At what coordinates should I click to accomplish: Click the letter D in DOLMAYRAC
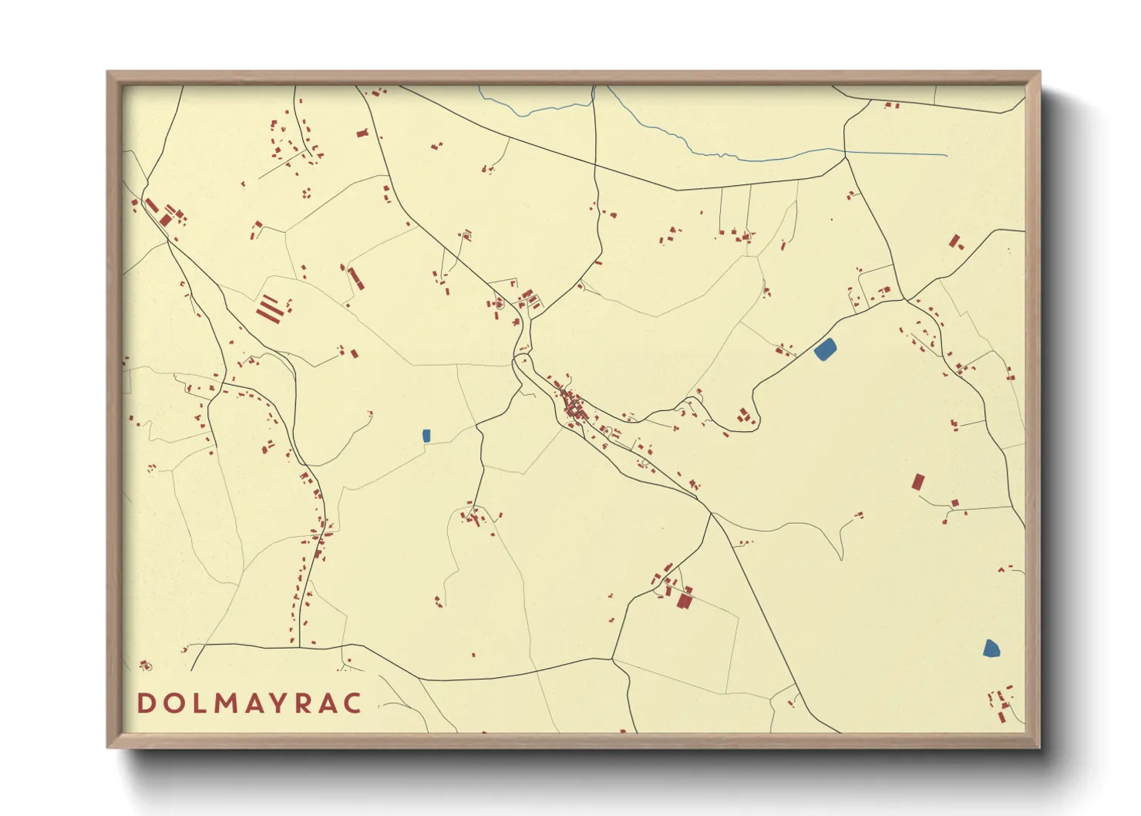(146, 703)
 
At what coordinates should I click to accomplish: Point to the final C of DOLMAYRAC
(352, 703)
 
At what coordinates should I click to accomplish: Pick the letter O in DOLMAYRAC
(171, 703)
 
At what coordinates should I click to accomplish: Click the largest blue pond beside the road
(825, 349)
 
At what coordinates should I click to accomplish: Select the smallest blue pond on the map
(426, 436)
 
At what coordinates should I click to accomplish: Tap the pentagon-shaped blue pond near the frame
(991, 649)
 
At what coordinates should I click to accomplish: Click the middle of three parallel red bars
(266, 309)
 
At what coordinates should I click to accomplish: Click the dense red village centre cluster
(574, 406)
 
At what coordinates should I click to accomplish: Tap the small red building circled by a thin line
(145, 665)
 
